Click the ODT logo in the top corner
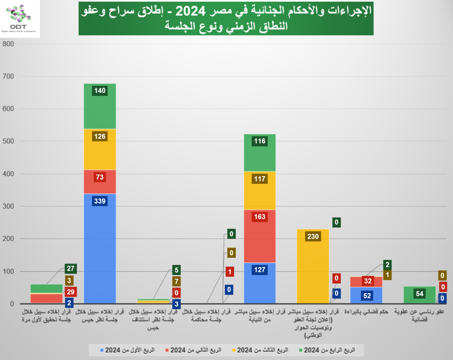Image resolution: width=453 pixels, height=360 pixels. click(x=19, y=19)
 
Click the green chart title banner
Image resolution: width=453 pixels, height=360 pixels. click(x=226, y=18)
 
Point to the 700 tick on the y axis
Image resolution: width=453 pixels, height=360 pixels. click(x=9, y=77)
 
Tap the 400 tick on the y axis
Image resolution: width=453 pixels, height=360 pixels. click(x=9, y=174)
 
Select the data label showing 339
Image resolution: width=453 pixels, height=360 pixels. click(x=100, y=201)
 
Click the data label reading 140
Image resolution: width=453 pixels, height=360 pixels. click(x=100, y=91)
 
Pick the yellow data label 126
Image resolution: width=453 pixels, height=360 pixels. click(x=100, y=136)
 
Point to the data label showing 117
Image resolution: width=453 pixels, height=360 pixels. click(x=259, y=179)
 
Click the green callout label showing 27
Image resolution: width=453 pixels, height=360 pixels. click(x=71, y=268)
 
